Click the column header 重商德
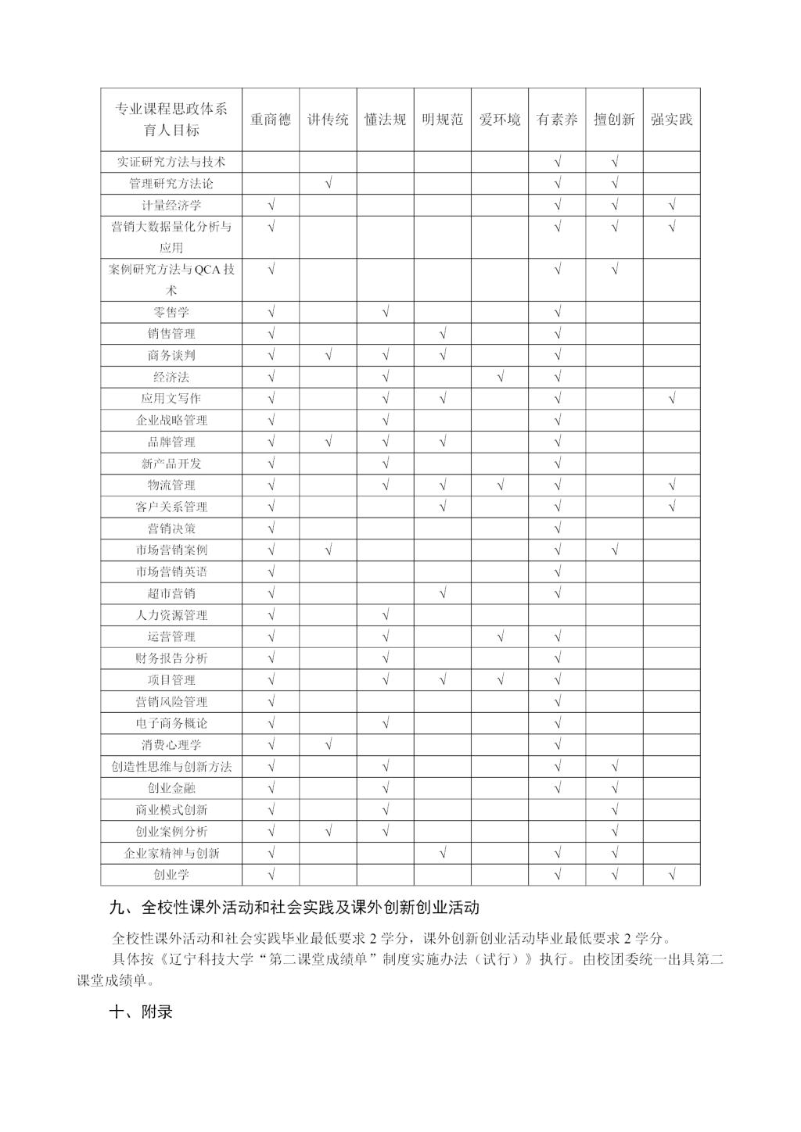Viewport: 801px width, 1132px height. click(271, 120)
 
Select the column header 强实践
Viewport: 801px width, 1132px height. click(671, 120)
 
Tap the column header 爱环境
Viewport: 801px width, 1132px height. click(500, 120)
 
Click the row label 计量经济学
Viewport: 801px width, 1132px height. click(171, 206)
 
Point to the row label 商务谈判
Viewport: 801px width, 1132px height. click(171, 355)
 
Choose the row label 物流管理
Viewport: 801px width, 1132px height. click(171, 485)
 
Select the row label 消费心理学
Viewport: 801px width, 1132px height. click(171, 745)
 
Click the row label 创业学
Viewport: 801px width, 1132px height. click(171, 875)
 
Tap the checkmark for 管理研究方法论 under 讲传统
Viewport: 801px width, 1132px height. click(329, 184)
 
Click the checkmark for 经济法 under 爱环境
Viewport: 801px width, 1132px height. click(500, 377)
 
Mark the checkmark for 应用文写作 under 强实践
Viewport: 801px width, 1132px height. click(672, 399)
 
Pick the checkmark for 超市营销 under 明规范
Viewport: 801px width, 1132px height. click(443, 593)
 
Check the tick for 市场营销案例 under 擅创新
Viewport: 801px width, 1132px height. click(615, 550)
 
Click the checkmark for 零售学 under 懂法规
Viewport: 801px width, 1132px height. click(386, 312)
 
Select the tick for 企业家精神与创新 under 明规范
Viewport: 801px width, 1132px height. click(443, 853)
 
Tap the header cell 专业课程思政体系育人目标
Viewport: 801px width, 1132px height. click(171, 120)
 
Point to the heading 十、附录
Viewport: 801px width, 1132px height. click(141, 1011)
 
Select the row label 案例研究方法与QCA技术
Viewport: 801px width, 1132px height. click(171, 279)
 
